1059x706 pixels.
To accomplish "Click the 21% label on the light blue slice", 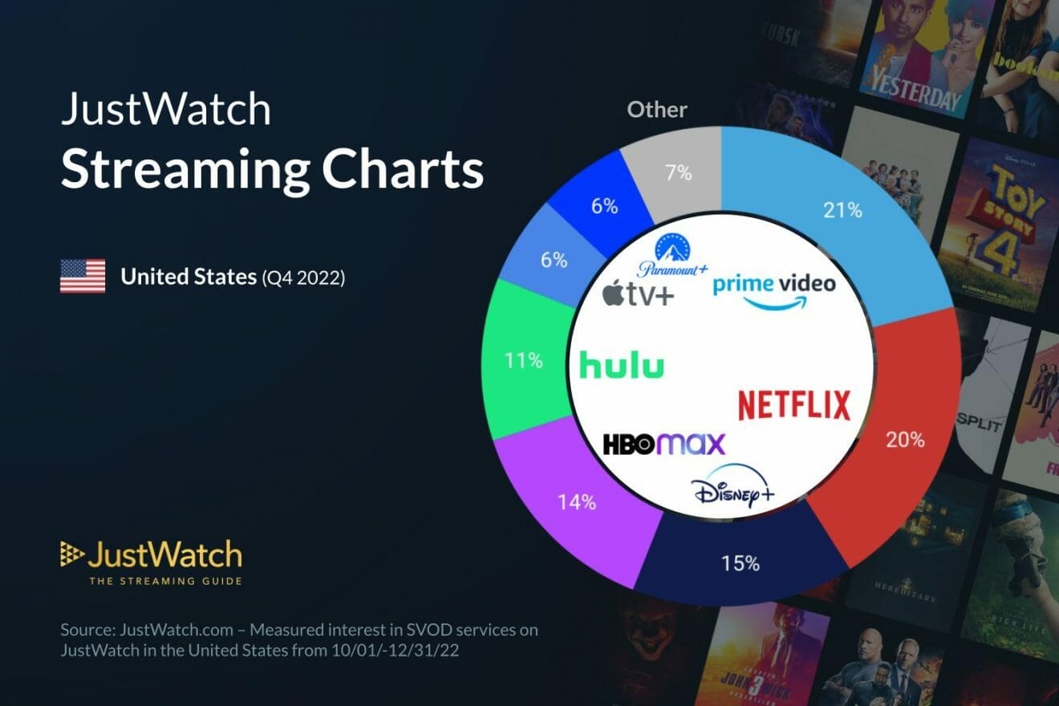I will (842, 211).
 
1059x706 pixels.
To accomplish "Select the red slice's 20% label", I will (906, 440).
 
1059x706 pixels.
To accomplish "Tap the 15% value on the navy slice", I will (740, 563).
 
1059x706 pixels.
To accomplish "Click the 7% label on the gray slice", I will (679, 172).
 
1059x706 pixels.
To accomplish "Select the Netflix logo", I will (793, 404).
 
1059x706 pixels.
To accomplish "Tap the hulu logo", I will (622, 366).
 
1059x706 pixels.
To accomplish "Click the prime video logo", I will (773, 290).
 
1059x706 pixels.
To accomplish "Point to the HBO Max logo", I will (663, 444).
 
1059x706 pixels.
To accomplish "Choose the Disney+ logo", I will (732, 488).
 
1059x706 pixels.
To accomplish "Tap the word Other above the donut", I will (657, 109).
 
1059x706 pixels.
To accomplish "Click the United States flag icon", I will (83, 276).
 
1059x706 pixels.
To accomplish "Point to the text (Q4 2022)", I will (302, 278).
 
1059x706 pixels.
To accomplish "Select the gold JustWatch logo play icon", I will (71, 554).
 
